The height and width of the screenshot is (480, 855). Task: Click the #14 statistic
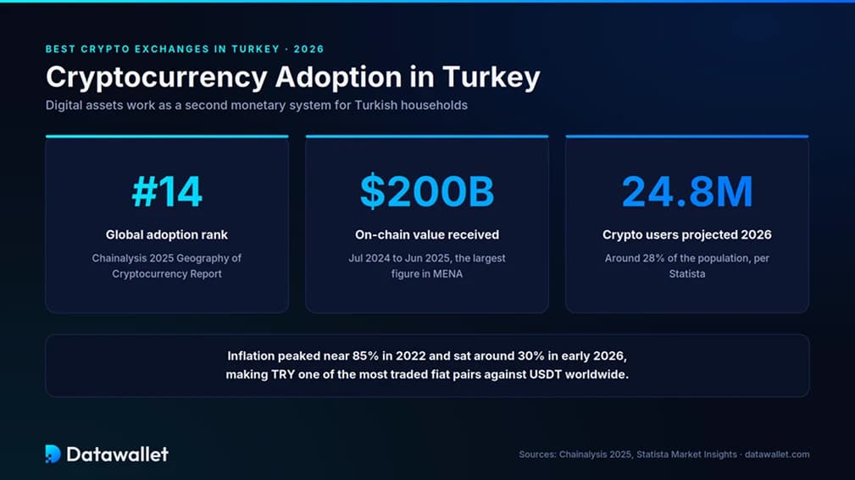[x=167, y=192]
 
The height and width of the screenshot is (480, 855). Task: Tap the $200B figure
[x=427, y=192]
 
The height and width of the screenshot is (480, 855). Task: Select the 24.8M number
[x=687, y=192]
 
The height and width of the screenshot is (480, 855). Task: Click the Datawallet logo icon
[x=53, y=454]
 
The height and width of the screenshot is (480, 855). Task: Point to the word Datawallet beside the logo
[x=117, y=454]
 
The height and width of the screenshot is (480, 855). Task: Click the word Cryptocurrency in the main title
[x=157, y=77]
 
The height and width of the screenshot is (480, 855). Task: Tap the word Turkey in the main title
[x=491, y=77]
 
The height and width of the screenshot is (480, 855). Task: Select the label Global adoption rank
[x=167, y=234]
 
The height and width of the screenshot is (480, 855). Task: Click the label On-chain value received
[x=427, y=234]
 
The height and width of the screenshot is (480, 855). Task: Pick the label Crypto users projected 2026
[x=687, y=234]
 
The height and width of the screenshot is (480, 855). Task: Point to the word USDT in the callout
[x=545, y=375]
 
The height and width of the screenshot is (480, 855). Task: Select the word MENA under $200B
[x=447, y=274]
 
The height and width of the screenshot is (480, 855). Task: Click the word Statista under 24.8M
[x=687, y=274]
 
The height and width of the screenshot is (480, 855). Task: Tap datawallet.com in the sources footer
[x=777, y=455]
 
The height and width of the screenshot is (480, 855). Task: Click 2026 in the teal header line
[x=309, y=49]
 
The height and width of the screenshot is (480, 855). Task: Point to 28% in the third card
[x=653, y=258]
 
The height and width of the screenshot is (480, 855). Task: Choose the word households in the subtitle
[x=434, y=105]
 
